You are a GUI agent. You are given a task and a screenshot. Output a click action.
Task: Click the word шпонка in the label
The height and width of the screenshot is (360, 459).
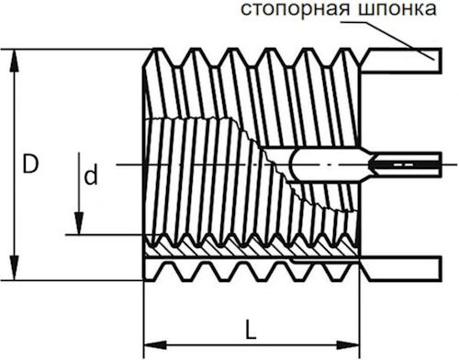396,11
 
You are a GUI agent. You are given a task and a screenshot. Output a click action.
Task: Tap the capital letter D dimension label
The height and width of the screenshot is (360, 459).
31,166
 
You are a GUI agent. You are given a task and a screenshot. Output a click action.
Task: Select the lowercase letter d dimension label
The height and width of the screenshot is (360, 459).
90,176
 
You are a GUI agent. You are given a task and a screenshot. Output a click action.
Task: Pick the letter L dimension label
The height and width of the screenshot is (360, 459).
250,327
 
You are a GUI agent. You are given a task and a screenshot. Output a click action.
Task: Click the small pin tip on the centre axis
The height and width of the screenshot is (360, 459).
404,164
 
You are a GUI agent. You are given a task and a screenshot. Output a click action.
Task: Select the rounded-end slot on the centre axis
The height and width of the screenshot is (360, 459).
330,164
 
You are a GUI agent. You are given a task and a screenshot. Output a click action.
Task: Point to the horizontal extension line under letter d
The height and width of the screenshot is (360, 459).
106,233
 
